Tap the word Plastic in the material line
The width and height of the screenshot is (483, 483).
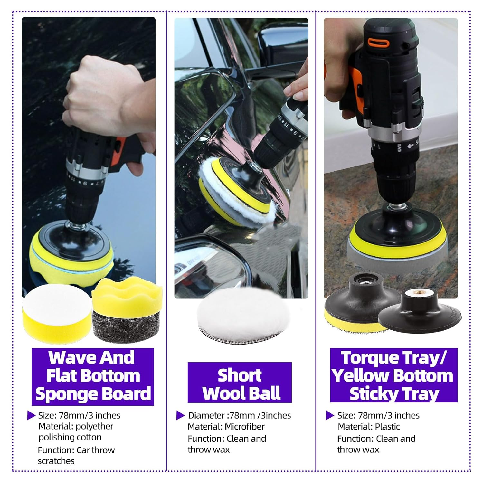[387, 427]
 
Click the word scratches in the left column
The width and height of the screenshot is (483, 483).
[56, 461]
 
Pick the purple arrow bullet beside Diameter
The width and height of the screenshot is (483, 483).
[180, 416]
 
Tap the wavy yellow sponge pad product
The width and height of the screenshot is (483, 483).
[127, 295]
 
